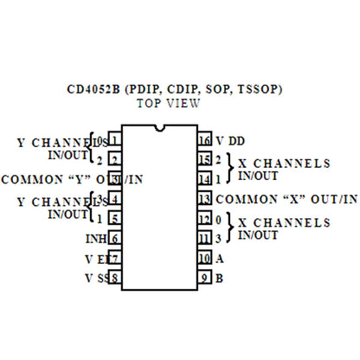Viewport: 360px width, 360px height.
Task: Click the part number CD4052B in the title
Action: coord(95,88)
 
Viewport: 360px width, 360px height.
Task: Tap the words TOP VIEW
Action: coord(170,103)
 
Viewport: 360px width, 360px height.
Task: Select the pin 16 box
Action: coord(205,140)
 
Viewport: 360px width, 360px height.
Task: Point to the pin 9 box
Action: coord(205,278)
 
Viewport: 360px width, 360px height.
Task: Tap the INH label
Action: coord(96,238)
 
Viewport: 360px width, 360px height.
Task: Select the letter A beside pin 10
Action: coord(220,258)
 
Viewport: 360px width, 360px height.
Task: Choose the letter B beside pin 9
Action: coord(220,278)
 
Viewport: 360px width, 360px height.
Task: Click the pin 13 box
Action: coord(205,199)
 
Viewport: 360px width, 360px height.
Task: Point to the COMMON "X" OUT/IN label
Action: coord(287,199)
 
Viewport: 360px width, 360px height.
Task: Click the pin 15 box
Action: coord(205,160)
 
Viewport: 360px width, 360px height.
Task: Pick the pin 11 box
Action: coord(205,238)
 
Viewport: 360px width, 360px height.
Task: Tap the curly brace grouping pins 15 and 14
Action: coord(229,169)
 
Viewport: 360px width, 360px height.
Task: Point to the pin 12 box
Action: coord(205,219)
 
